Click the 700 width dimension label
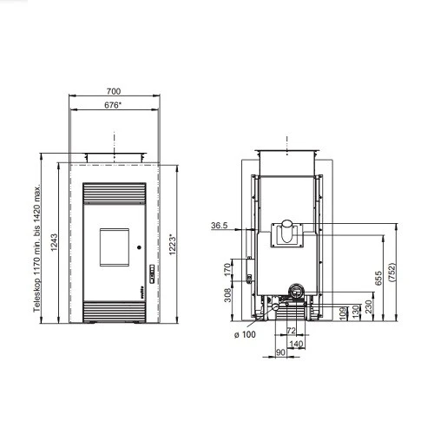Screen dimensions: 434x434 point(114,91)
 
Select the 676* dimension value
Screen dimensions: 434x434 point(113,105)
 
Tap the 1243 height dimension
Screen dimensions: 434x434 point(54,242)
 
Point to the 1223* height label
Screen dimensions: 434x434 point(173,245)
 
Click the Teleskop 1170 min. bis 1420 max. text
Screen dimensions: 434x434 point(37,247)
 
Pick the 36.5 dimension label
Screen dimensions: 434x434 point(220,225)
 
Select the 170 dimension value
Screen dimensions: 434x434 point(228,269)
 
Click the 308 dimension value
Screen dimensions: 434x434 point(228,295)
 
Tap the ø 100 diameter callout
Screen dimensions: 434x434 point(245,334)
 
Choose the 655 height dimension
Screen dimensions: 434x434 point(378,278)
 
